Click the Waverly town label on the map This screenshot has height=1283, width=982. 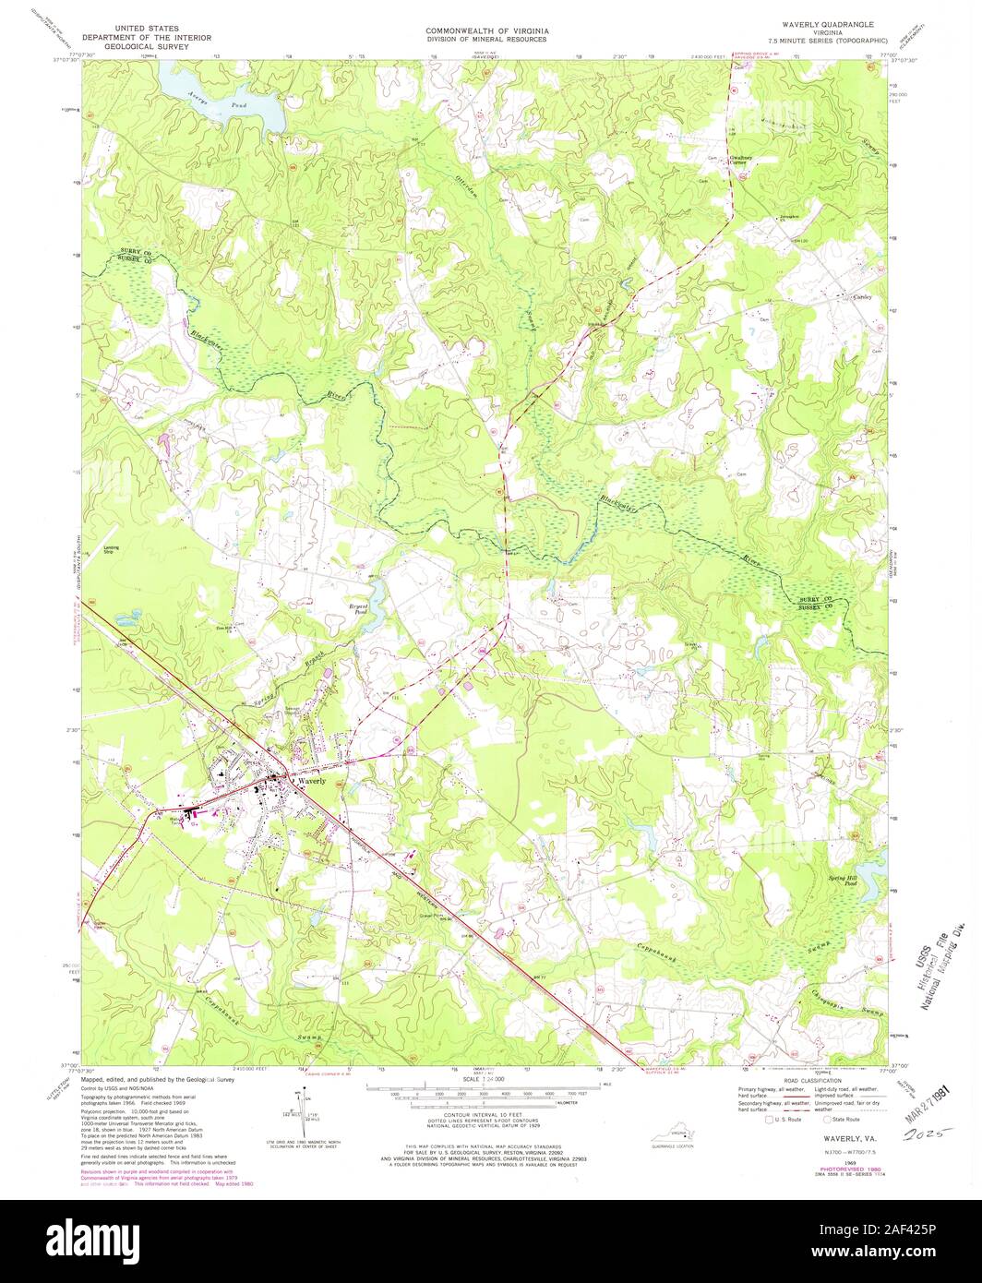[312, 781]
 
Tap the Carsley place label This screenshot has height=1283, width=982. [863, 297]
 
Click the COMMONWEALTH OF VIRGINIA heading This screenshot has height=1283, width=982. [486, 30]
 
